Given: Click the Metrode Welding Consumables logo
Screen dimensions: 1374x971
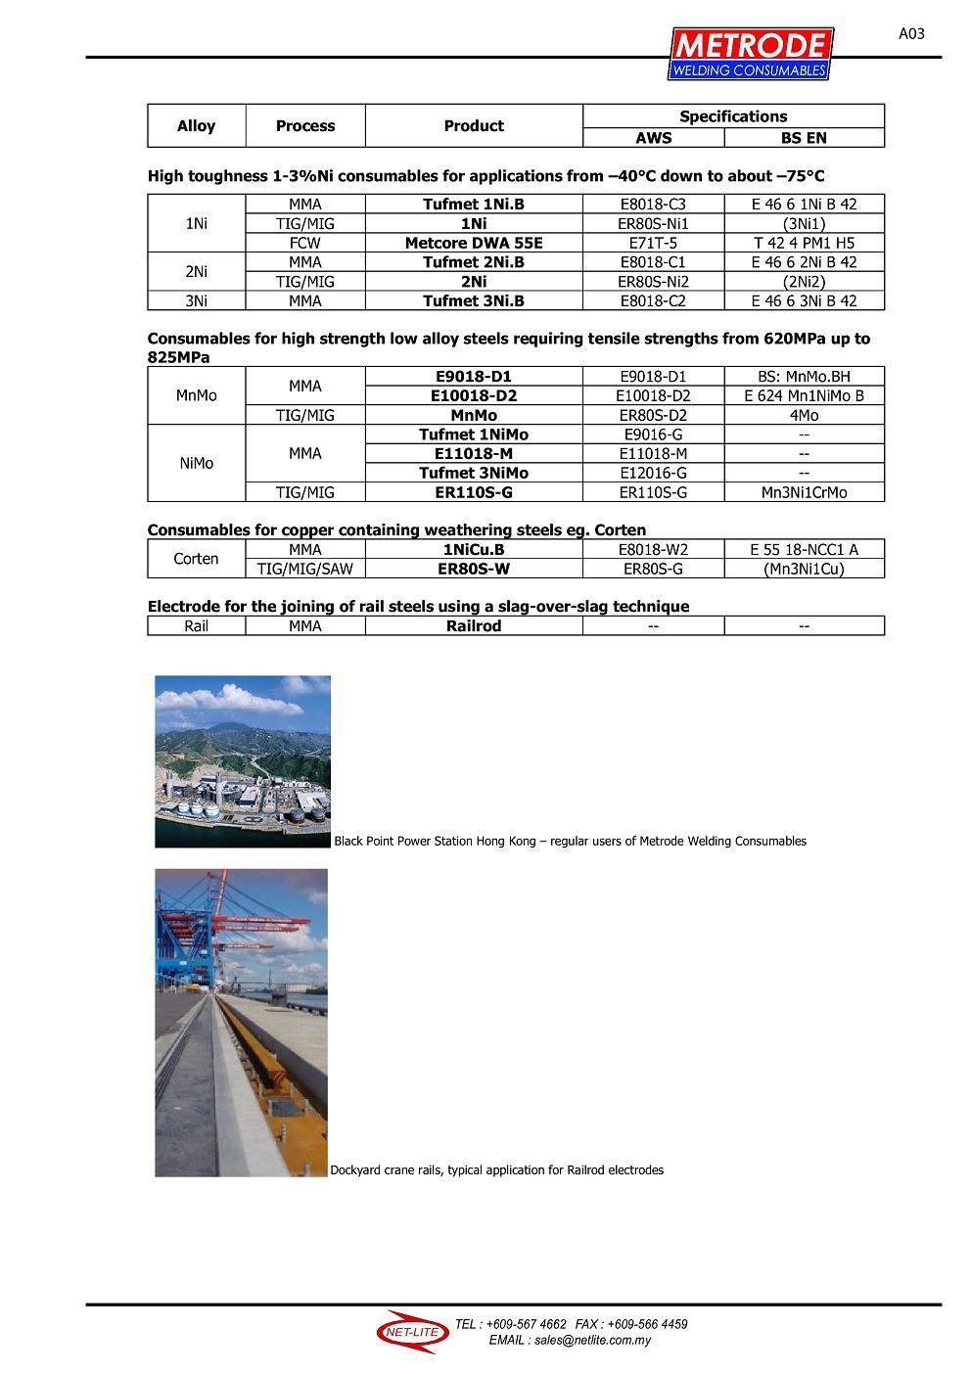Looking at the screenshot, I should coord(750,54).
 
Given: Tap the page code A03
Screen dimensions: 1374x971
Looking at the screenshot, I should coord(910,34).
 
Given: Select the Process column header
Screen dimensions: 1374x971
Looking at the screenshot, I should coord(305,126).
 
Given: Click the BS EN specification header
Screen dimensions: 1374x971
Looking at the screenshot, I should coord(804,138).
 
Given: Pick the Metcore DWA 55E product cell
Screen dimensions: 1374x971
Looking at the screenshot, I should coord(474,243).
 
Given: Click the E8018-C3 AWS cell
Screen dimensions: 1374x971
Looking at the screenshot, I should coord(653,205).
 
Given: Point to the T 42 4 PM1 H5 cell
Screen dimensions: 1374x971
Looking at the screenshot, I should coord(804,243).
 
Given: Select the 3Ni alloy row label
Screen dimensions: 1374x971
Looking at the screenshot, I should coord(196,300).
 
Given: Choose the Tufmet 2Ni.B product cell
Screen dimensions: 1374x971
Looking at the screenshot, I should coord(474,262).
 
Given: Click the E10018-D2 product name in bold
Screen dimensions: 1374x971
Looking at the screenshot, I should coord(474,396).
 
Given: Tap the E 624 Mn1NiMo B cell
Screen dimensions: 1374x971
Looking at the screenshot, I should coord(804,396).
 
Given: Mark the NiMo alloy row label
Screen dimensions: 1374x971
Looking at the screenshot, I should coord(196,463).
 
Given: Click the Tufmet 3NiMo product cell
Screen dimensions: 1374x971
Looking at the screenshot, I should coord(474,473).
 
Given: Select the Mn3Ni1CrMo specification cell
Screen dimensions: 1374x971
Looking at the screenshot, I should coord(804,492).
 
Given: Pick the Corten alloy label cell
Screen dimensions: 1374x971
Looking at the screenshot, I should coord(196,559).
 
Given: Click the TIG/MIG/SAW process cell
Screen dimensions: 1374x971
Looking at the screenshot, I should coord(305,569).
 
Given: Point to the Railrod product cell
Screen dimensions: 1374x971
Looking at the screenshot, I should coord(474,626).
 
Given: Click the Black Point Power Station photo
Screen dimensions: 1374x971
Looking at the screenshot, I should coord(243,761).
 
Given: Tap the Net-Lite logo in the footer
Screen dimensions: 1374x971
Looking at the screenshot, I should coord(411,1332).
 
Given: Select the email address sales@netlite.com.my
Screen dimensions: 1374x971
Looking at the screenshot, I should coord(570,1341).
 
